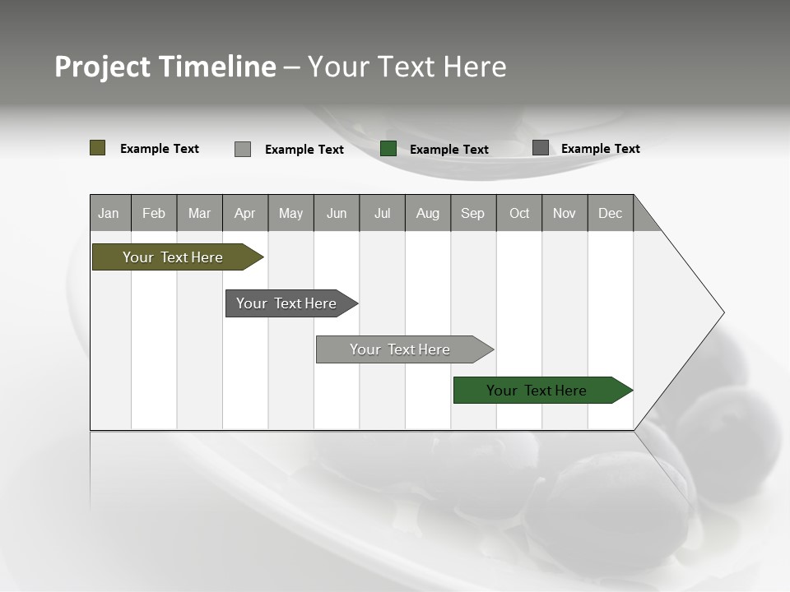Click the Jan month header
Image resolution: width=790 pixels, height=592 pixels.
(x=109, y=213)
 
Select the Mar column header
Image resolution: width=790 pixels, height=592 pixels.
(x=199, y=213)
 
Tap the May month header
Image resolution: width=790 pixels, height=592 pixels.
(x=290, y=213)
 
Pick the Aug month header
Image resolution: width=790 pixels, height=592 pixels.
(x=428, y=213)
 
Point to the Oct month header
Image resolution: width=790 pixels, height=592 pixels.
(x=519, y=213)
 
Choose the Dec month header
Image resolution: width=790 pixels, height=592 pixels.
(x=610, y=213)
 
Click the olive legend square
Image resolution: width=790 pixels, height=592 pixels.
(x=98, y=148)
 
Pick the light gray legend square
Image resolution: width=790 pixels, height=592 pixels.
(x=243, y=149)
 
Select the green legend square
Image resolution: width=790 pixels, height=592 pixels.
(x=388, y=149)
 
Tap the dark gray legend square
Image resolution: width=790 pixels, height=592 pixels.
(x=541, y=148)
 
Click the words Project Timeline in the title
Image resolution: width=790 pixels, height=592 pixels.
(x=165, y=67)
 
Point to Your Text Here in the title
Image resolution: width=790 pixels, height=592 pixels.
(x=407, y=67)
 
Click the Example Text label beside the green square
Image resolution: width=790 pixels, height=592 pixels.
(x=448, y=150)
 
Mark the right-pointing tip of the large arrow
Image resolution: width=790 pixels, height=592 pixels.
(x=722, y=312)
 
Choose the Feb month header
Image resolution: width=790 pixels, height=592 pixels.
(x=154, y=213)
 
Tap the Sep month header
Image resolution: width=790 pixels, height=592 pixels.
(x=472, y=213)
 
